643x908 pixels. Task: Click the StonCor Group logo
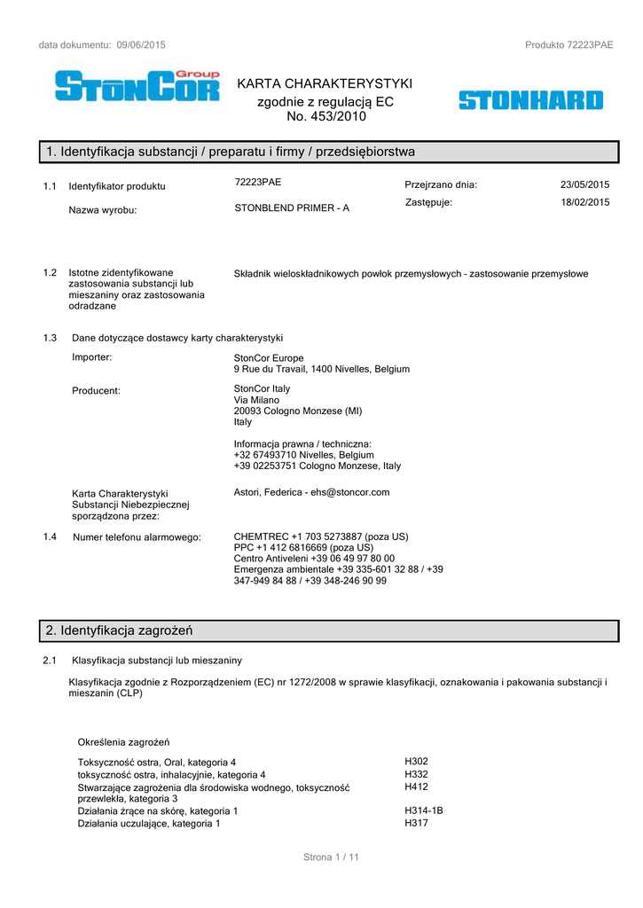[137, 85]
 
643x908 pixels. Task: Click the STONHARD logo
[530, 100]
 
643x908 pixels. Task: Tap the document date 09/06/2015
[141, 44]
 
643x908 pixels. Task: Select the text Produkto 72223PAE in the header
[569, 44]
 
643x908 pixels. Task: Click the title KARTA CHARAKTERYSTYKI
[325, 83]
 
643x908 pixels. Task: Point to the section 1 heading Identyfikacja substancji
[231, 152]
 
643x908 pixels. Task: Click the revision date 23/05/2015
[584, 184]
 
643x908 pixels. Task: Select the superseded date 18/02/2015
[584, 202]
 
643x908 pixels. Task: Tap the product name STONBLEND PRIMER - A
[292, 207]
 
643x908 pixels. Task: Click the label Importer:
[92, 357]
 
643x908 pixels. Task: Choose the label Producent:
[96, 390]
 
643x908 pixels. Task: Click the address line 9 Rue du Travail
[322, 369]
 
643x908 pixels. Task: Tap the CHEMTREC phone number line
[321, 536]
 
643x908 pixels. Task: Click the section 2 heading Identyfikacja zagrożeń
[120, 630]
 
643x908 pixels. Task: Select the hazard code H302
[416, 761]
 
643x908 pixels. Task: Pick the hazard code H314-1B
[424, 810]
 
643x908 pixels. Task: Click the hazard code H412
[416, 786]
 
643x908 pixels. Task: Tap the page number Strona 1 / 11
[331, 857]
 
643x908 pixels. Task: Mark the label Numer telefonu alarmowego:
[137, 537]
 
